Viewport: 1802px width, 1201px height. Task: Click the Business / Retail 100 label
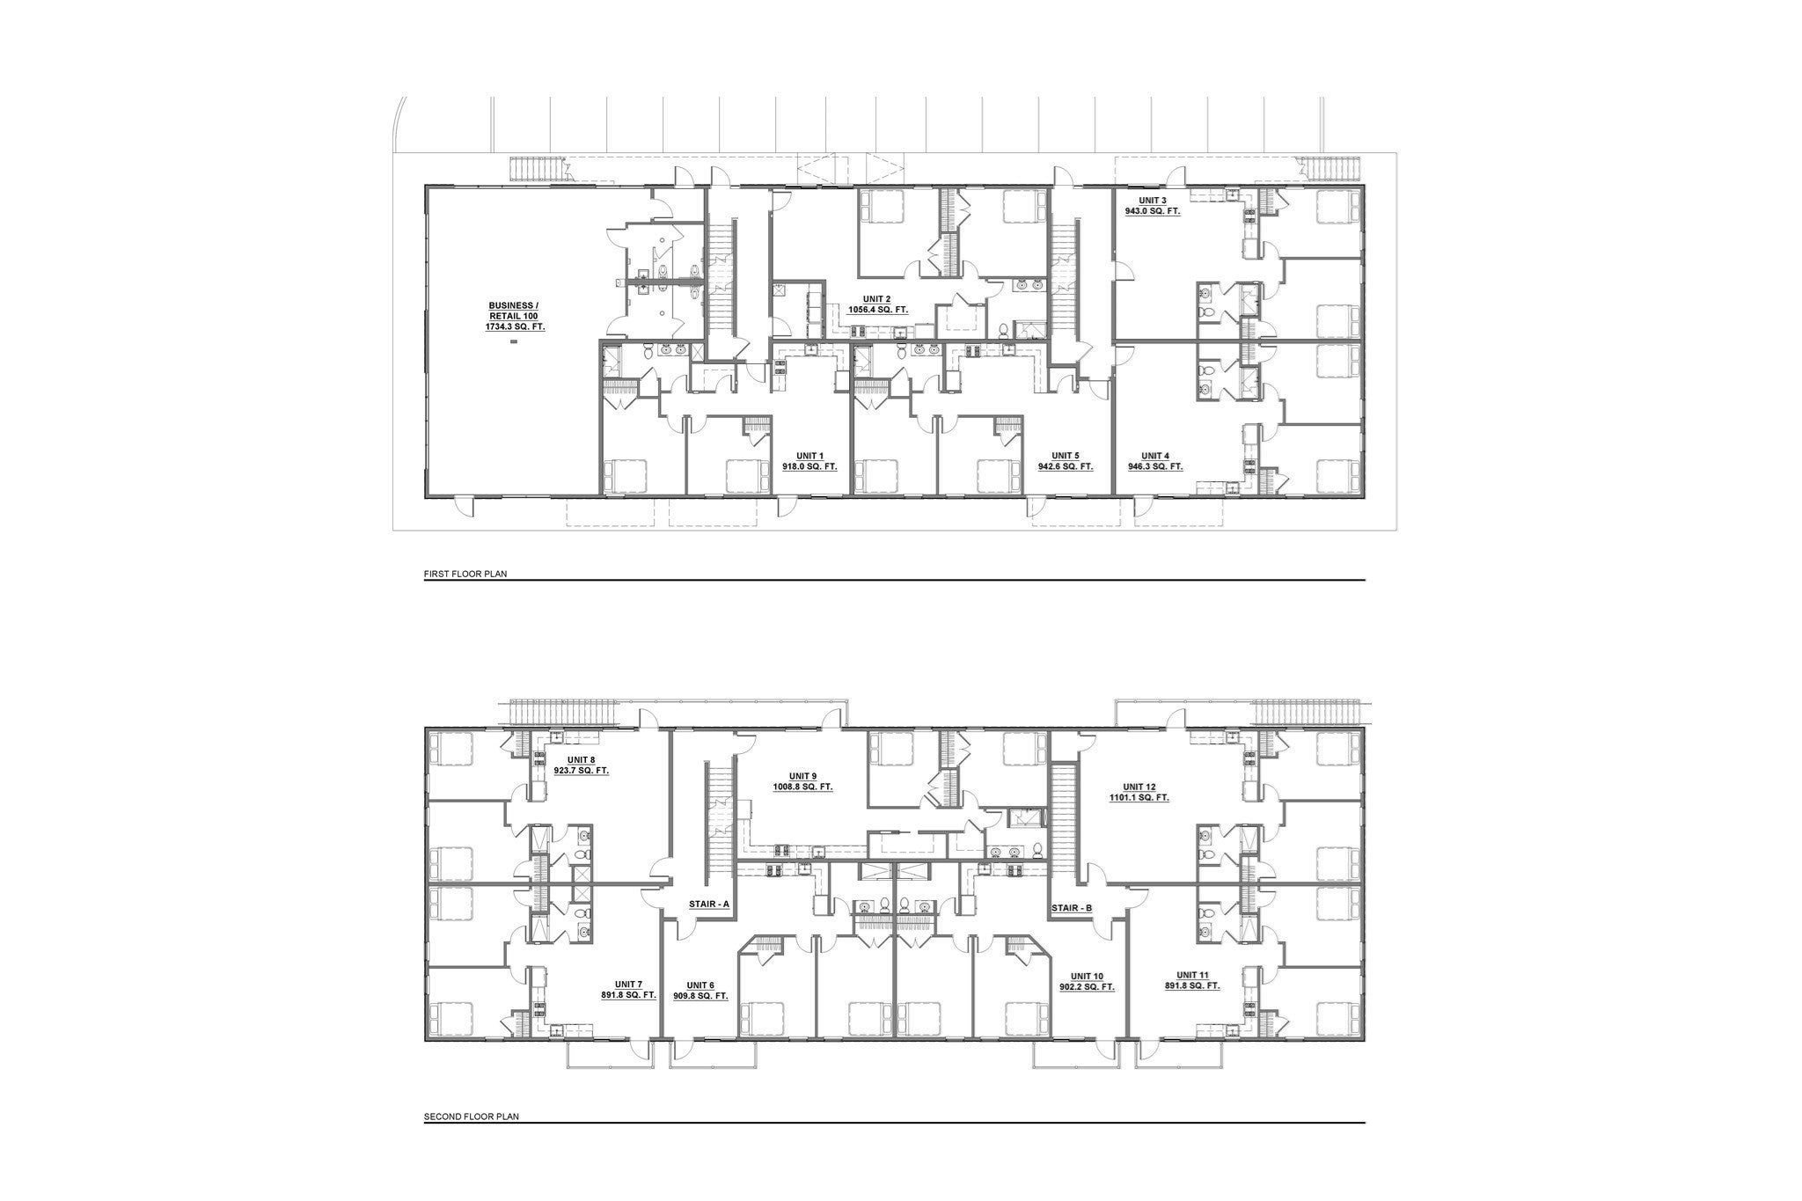tap(514, 310)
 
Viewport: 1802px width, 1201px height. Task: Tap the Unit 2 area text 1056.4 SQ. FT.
tap(877, 310)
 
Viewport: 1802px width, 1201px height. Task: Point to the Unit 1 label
tap(809, 456)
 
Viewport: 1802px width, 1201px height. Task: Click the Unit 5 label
tap(1065, 456)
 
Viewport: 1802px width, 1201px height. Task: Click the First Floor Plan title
tap(465, 574)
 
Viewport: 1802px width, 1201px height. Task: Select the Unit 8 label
tap(581, 759)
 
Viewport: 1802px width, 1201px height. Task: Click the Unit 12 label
tap(1139, 787)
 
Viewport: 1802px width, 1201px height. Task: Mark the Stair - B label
tap(1072, 906)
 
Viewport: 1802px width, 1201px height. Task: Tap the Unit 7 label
tap(629, 984)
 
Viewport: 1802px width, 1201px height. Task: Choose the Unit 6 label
tap(701, 985)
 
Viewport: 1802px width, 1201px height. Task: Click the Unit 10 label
tap(1087, 976)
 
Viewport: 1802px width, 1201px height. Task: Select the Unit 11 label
tap(1192, 975)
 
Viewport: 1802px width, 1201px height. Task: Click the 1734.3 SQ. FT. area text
tap(516, 326)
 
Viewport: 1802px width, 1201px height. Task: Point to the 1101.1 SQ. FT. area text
tap(1139, 797)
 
